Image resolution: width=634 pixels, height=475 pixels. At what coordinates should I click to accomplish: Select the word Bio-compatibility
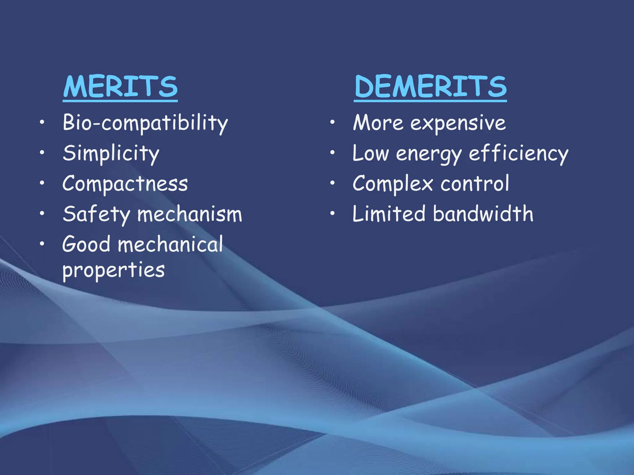click(145, 123)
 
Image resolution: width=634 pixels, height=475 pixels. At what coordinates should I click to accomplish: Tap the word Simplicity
click(111, 153)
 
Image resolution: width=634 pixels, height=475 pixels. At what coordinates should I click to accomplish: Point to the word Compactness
click(125, 184)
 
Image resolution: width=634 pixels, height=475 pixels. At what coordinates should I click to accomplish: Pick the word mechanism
click(189, 214)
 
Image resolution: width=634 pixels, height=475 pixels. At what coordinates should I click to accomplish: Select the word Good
click(86, 244)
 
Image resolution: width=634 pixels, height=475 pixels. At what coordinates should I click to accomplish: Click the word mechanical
click(170, 244)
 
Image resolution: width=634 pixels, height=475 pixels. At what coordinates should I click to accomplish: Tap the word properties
click(114, 270)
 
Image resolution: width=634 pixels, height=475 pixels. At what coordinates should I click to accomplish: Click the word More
click(378, 123)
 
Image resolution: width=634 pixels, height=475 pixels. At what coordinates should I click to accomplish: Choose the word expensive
click(458, 123)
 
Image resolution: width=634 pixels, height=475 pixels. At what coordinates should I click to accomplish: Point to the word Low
click(371, 153)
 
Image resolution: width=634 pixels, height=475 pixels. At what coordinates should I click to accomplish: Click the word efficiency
click(519, 153)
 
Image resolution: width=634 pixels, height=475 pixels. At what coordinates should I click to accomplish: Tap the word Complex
click(393, 184)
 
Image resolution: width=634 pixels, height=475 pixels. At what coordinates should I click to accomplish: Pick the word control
click(475, 184)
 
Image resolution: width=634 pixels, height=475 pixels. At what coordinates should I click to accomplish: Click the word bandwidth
click(483, 214)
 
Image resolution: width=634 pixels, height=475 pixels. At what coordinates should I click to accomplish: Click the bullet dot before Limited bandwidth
click(332, 213)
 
